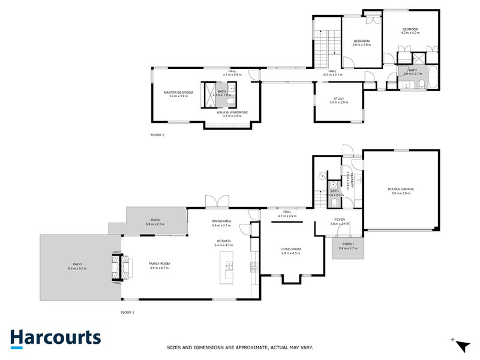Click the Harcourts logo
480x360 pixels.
point(55,338)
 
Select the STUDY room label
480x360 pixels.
point(338,98)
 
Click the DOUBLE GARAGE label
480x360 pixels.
point(402,189)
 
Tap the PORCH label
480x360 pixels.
point(348,244)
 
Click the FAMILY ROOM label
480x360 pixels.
point(160,264)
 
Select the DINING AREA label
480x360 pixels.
point(221,221)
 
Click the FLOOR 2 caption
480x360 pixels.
point(157,135)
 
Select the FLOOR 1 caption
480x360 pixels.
point(128,313)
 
